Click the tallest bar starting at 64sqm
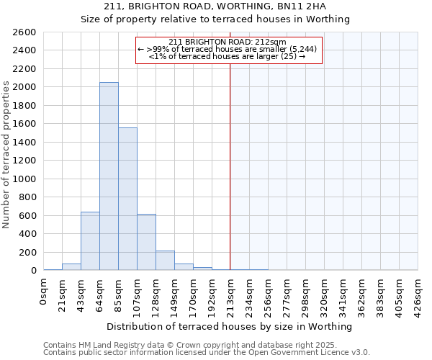(x=109, y=176)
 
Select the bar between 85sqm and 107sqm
(x=127, y=199)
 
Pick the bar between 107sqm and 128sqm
(x=146, y=242)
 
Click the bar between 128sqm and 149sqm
(x=165, y=261)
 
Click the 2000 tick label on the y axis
(x=24, y=87)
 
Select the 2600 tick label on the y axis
(x=24, y=32)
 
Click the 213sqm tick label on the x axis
(x=230, y=293)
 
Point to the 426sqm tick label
(x=418, y=293)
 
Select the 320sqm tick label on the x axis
(x=324, y=293)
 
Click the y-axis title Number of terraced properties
(x=6, y=155)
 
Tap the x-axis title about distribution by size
(x=230, y=326)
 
